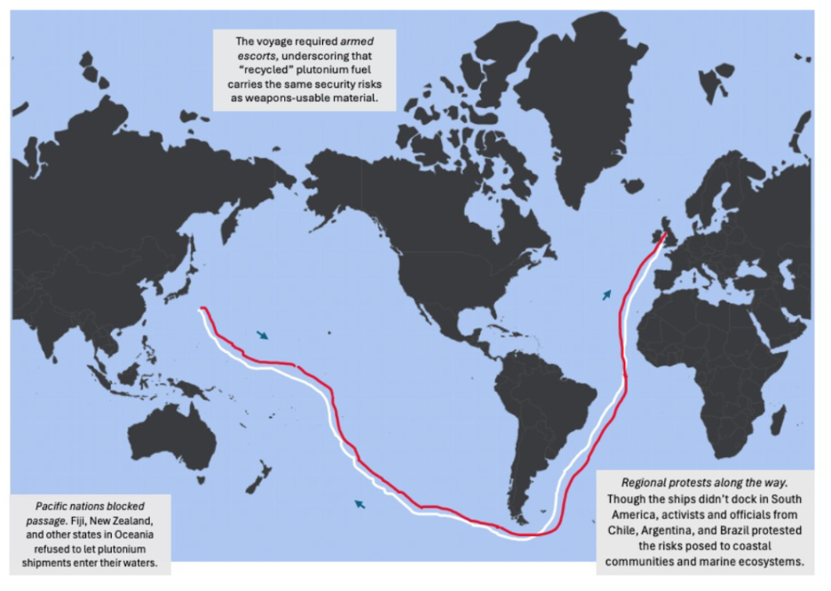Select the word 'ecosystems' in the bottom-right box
pos(770,562)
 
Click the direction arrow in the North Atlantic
pos(606,294)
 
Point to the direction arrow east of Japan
pos(263,335)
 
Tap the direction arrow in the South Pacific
pos(360,504)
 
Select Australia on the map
pos(173,440)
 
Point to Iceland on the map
pos(633,185)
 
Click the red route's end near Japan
pos(203,309)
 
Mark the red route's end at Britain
pos(664,235)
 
